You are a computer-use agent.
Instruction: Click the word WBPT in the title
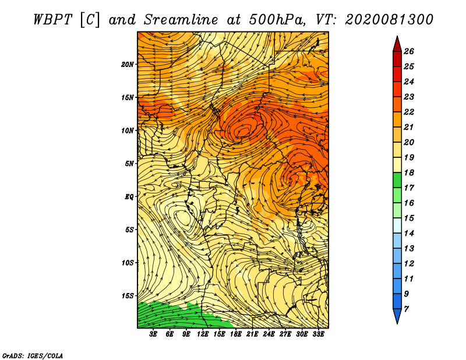pyautogui.click(x=52, y=20)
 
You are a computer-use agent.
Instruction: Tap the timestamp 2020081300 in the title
pyautogui.click(x=389, y=20)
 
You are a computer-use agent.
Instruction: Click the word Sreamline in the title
pyautogui.click(x=181, y=20)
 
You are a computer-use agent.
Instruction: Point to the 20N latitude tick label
pyautogui.click(x=128, y=64)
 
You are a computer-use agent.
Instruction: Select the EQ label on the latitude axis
pyautogui.click(x=129, y=196)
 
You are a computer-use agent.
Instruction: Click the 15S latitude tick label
pyautogui.click(x=128, y=295)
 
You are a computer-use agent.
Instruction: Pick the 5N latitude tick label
pyautogui.click(x=129, y=164)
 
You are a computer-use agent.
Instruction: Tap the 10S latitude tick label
pyautogui.click(x=128, y=263)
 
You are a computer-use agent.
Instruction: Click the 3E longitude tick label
pyautogui.click(x=153, y=334)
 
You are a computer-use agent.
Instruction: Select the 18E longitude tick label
pyautogui.click(x=236, y=334)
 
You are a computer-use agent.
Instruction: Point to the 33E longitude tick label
pyautogui.click(x=318, y=334)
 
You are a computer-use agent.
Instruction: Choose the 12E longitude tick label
pyautogui.click(x=203, y=334)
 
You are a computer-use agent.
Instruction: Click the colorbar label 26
pyautogui.click(x=409, y=51)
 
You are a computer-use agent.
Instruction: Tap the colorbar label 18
pyautogui.click(x=409, y=172)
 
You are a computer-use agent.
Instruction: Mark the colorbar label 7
pyautogui.click(x=406, y=309)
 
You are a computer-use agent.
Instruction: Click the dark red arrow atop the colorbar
pyautogui.click(x=397, y=45)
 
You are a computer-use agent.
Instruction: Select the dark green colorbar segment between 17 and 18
pyautogui.click(x=397, y=180)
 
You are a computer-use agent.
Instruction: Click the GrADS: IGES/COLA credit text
pyautogui.click(x=33, y=356)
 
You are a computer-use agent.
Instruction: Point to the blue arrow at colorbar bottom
pyautogui.click(x=397, y=315)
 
